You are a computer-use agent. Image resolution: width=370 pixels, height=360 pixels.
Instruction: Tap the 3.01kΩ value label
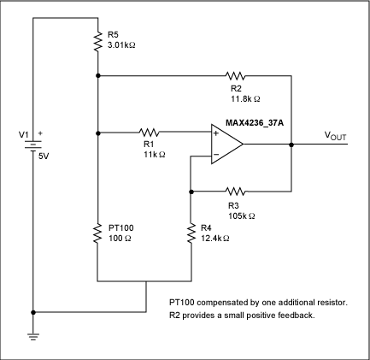121,44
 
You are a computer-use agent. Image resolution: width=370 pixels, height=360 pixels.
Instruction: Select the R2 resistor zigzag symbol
233,75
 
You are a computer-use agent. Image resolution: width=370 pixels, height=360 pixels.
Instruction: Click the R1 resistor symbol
150,133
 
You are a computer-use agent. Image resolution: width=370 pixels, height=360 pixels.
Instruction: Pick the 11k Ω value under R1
155,154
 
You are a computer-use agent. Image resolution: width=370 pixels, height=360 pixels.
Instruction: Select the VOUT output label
334,136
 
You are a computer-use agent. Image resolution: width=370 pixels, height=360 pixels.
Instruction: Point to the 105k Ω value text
243,214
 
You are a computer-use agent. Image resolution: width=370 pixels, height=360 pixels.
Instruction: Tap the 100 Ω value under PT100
116,239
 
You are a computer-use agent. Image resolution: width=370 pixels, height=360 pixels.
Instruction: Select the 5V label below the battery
44,158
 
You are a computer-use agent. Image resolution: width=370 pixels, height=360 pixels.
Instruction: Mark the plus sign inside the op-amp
215,133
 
